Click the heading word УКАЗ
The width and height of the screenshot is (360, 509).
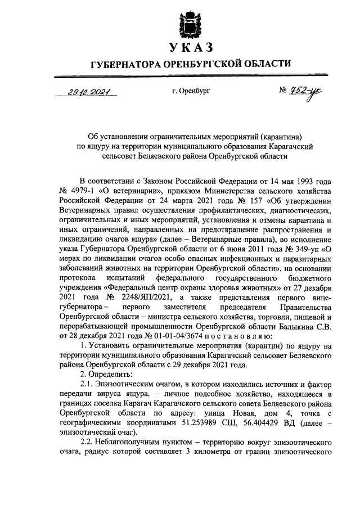[188, 48]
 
